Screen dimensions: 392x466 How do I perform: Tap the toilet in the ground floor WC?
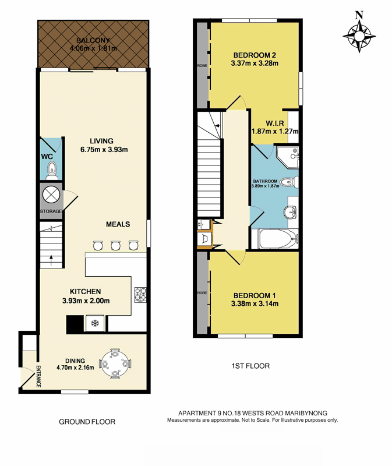point(52,171)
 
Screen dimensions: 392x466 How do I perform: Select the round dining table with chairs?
point(115,363)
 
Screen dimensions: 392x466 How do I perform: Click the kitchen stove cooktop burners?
point(140,295)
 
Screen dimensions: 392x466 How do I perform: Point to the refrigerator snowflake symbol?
point(95,323)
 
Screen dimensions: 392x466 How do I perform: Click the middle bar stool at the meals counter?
point(115,245)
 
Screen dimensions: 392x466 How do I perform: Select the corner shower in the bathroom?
point(287,157)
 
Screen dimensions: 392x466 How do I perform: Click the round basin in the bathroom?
point(290,213)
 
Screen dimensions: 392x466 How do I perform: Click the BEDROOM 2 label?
point(255,55)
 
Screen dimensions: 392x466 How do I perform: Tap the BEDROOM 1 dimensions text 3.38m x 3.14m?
point(255,303)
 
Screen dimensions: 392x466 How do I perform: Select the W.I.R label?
point(274,123)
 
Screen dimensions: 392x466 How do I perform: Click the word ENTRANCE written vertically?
point(38,376)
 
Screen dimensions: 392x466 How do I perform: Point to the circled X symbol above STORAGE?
point(51,195)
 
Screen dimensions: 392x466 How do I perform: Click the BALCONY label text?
point(93,40)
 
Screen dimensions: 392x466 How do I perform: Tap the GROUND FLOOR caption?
point(87,422)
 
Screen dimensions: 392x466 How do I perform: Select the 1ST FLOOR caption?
point(250,366)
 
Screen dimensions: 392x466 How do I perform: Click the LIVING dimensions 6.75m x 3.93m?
point(104,150)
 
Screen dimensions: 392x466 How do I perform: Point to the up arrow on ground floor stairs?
point(51,260)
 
